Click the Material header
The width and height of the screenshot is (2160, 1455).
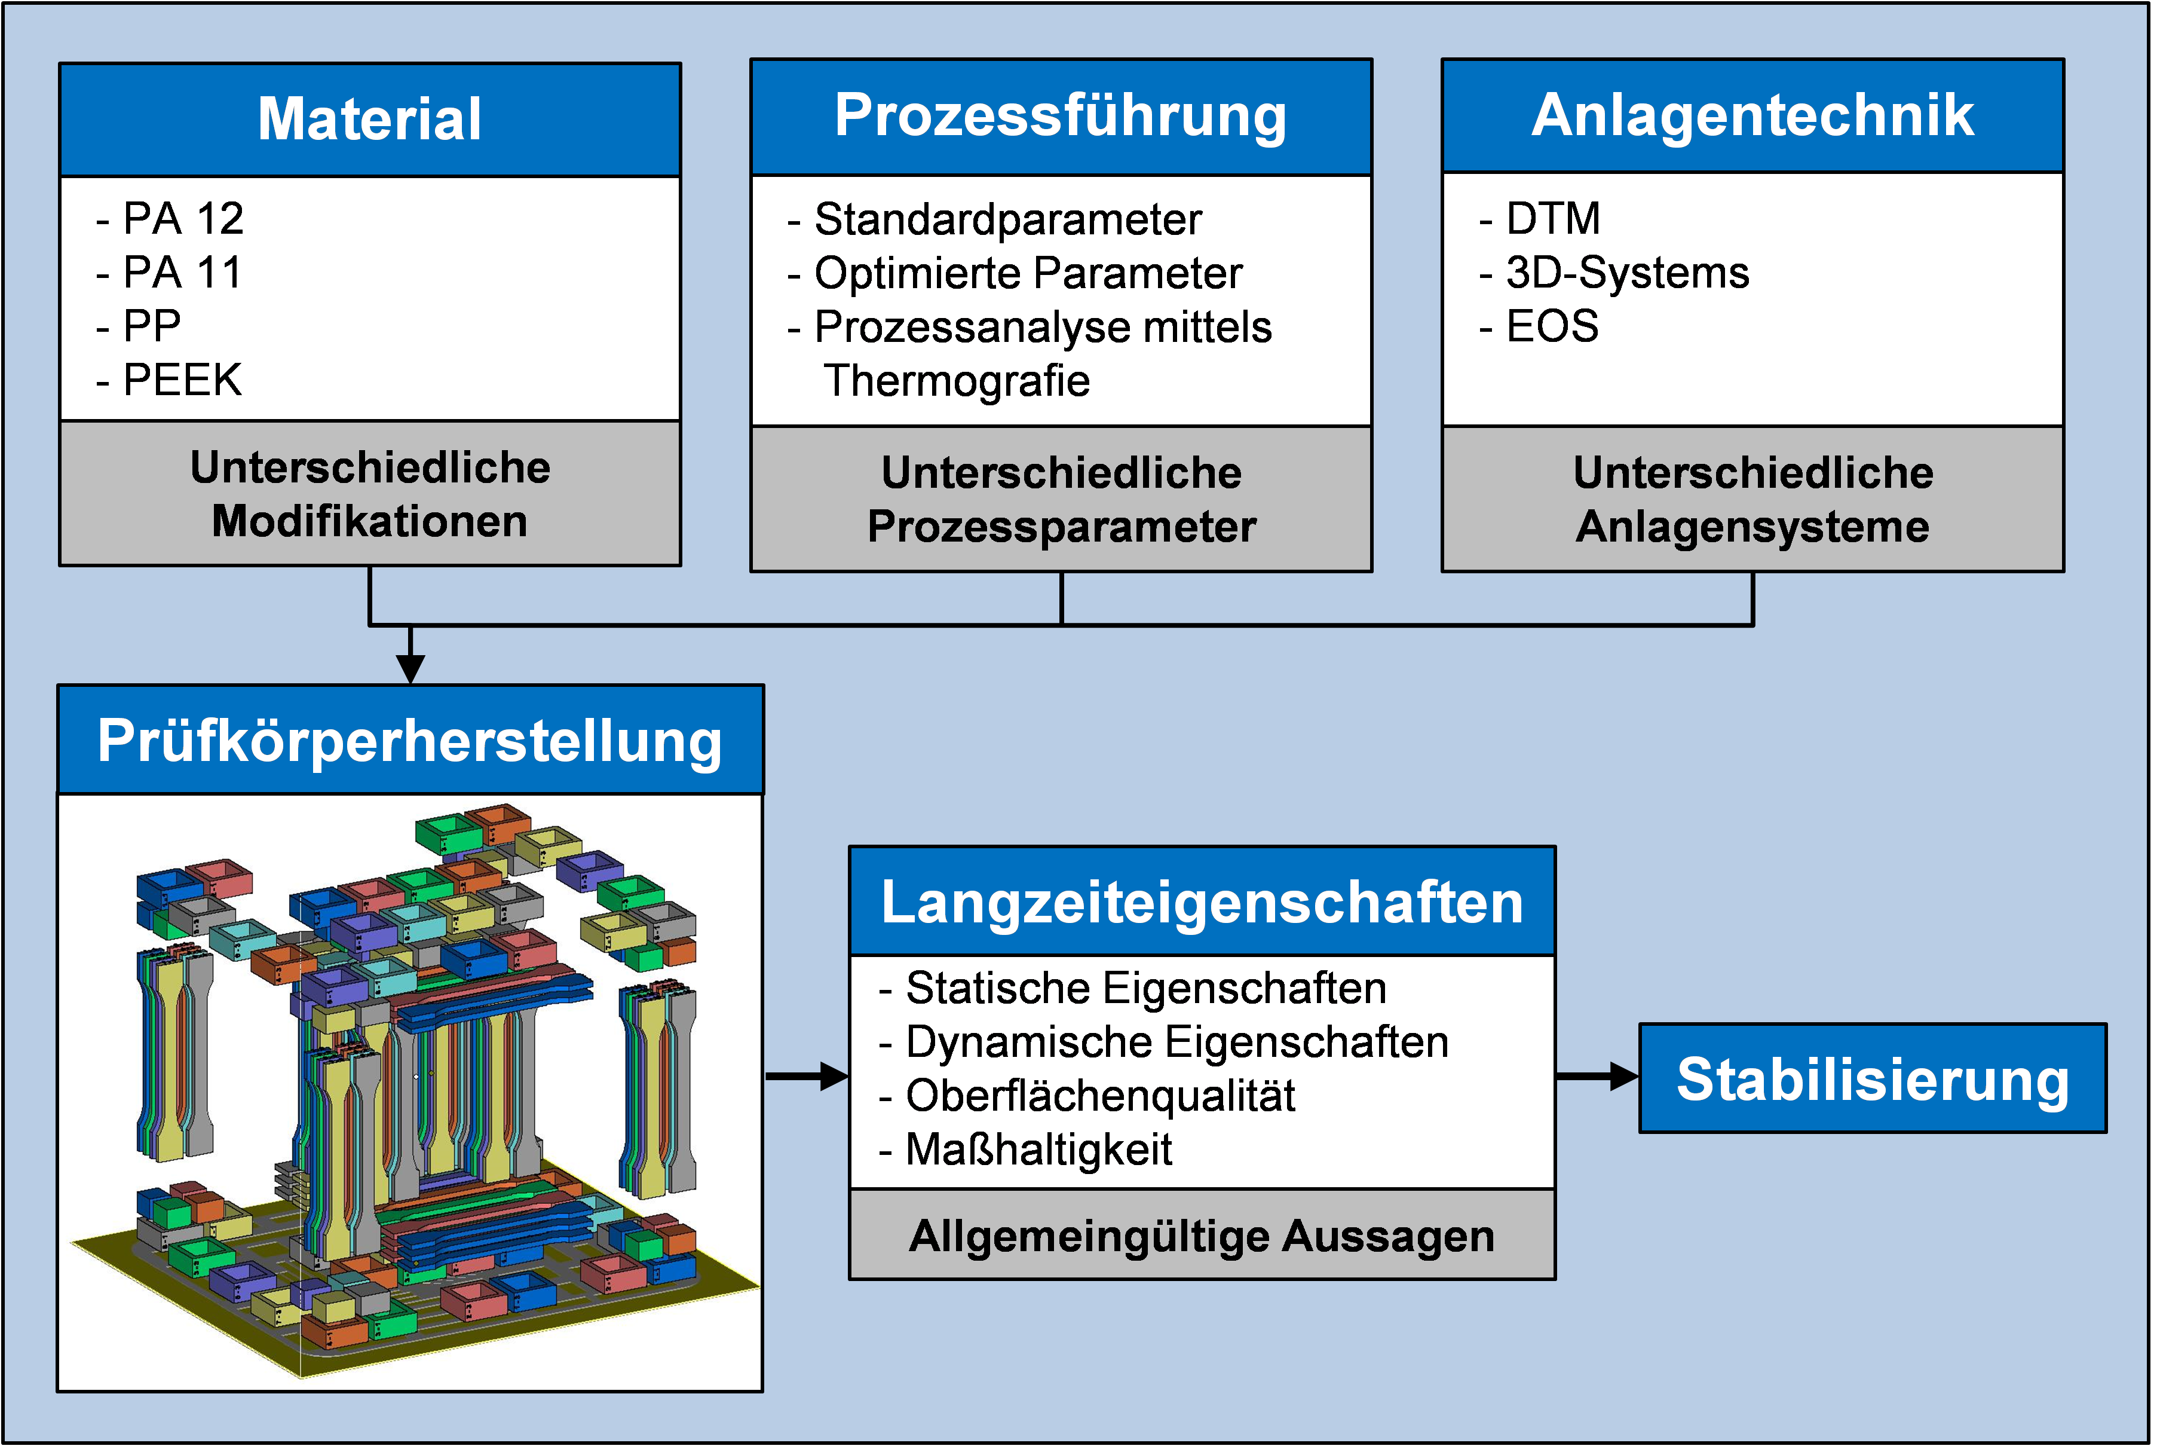pos(369,119)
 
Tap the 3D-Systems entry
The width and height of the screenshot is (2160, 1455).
pos(1627,273)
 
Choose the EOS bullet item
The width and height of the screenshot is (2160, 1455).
pos(1552,326)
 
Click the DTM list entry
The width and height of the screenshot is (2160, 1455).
pos(1552,219)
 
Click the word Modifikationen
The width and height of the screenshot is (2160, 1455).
pos(369,521)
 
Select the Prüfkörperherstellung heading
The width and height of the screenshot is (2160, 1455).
pos(410,741)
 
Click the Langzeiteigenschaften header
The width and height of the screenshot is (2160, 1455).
pos(1202,902)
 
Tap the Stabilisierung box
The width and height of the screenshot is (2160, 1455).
pos(1873,1078)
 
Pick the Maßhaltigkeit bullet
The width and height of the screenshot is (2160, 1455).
pos(1038,1150)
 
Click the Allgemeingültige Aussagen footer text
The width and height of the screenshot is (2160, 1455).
pos(1202,1236)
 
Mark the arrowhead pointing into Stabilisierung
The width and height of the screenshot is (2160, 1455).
pos(1624,1077)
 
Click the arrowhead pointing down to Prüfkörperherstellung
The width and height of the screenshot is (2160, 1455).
pos(410,668)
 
